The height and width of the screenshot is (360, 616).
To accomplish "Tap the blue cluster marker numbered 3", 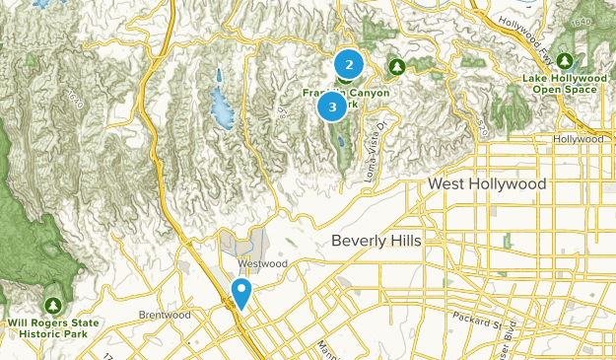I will [x=332, y=106].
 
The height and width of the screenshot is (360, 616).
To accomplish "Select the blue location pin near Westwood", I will [x=240, y=293].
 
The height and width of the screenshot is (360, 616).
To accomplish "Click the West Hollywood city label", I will [x=487, y=184].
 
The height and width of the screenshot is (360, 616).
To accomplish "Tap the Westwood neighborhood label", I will [x=260, y=264].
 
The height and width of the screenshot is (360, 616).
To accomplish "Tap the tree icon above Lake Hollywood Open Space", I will [x=569, y=60].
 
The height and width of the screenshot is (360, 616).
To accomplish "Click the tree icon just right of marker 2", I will [x=396, y=66].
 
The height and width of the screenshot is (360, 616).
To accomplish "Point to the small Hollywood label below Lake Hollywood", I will [x=578, y=140].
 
